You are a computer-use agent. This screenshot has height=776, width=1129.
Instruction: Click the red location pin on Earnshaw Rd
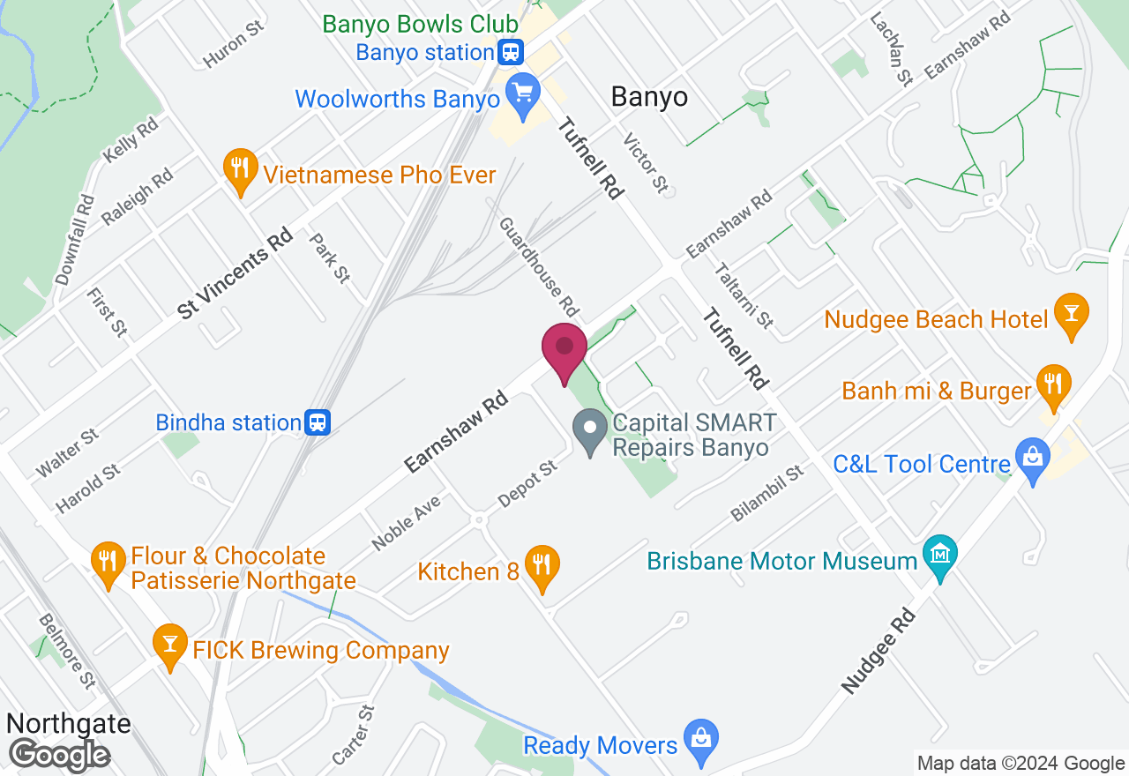(x=564, y=351)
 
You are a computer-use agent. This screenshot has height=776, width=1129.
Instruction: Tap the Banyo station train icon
(x=510, y=52)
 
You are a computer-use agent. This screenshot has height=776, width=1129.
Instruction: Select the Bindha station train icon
(x=318, y=422)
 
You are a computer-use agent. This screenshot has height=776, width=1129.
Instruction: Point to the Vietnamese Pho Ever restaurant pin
(x=239, y=169)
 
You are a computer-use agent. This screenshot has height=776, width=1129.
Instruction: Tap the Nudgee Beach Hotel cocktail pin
(x=1072, y=314)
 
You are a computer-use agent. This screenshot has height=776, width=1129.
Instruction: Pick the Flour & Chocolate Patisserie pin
(x=108, y=562)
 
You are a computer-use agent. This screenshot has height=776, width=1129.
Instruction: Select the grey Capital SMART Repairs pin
(x=589, y=430)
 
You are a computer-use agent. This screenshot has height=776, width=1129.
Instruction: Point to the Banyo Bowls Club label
(x=420, y=24)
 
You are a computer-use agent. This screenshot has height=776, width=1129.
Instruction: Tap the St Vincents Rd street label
(x=235, y=273)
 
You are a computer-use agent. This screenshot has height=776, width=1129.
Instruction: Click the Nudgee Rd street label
(x=879, y=651)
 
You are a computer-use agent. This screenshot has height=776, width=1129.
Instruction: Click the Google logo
(x=59, y=755)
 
